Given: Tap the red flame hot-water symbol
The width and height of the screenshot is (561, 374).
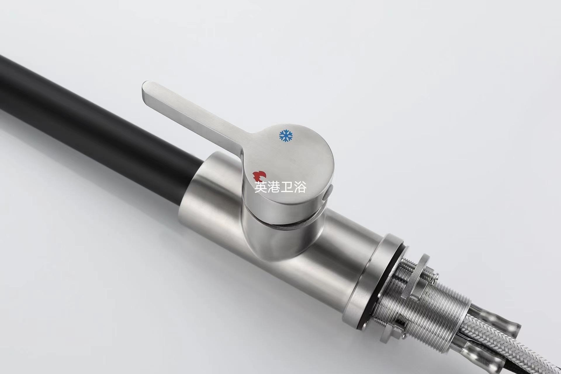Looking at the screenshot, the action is coord(259,176).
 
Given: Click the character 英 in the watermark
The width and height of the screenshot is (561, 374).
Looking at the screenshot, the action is coord(261,187).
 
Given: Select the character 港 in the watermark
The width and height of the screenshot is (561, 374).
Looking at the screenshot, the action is coord(274,187).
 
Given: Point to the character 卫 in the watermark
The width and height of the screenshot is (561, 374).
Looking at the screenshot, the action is coord(287,187).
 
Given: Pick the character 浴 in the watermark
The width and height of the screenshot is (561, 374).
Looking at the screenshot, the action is coord(300,187).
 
